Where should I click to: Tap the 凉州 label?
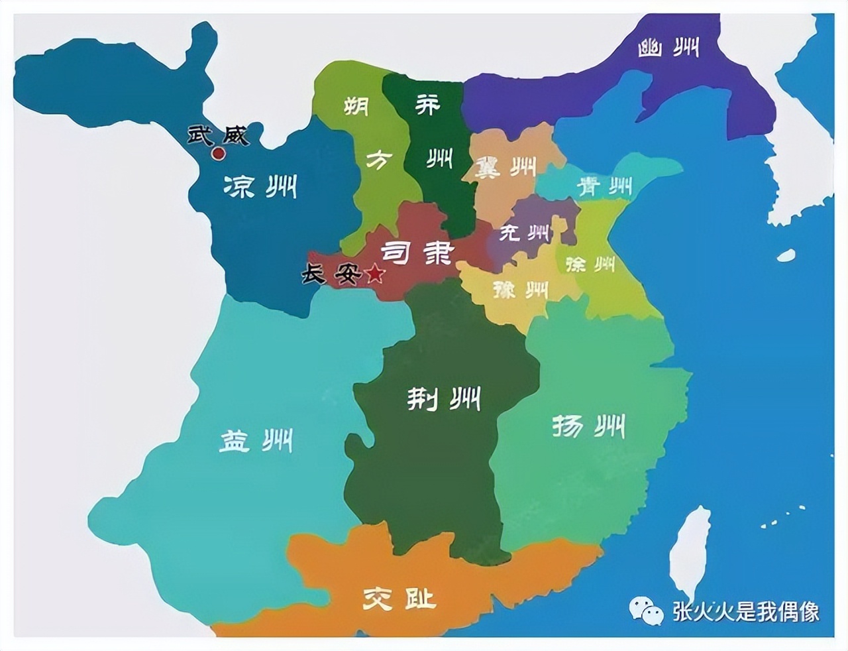[260, 187]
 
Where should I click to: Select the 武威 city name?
[217, 135]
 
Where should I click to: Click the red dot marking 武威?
[218, 154]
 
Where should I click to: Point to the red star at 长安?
[375, 273]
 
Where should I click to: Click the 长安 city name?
[332, 274]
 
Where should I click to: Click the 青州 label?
[604, 187]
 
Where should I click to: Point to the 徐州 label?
[590, 264]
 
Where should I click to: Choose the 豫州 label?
[520, 289]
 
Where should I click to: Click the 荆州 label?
[443, 398]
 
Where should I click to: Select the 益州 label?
[256, 440]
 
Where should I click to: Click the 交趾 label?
[399, 598]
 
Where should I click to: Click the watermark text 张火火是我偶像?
[745, 611]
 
